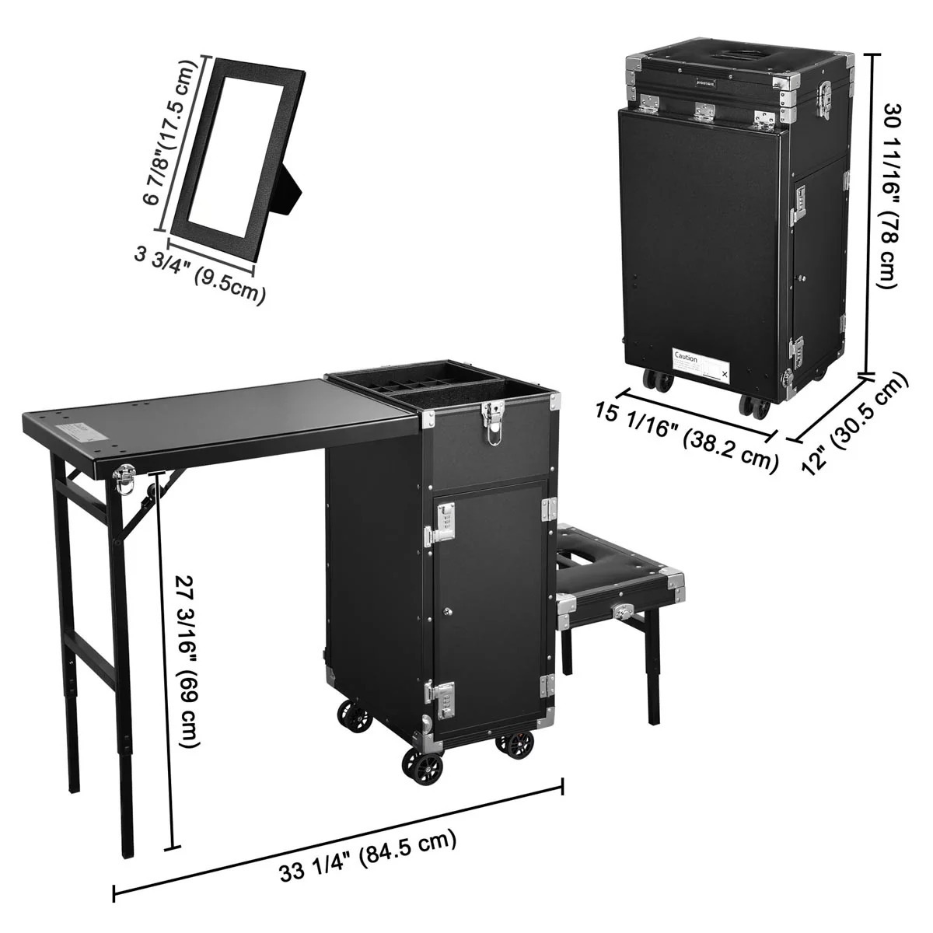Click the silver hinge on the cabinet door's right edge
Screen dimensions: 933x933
547,509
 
